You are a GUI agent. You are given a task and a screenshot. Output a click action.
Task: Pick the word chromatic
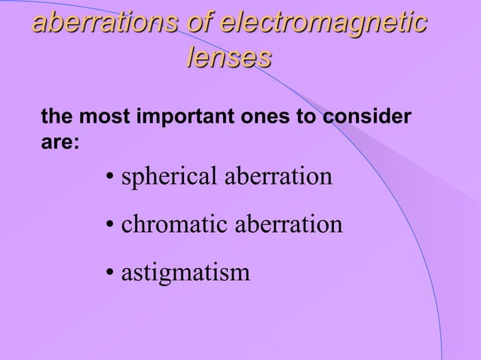[x=168, y=225]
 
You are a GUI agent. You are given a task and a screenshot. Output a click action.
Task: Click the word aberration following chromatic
[x=280, y=224]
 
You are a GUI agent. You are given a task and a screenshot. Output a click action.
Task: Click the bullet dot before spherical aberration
[x=110, y=180]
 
